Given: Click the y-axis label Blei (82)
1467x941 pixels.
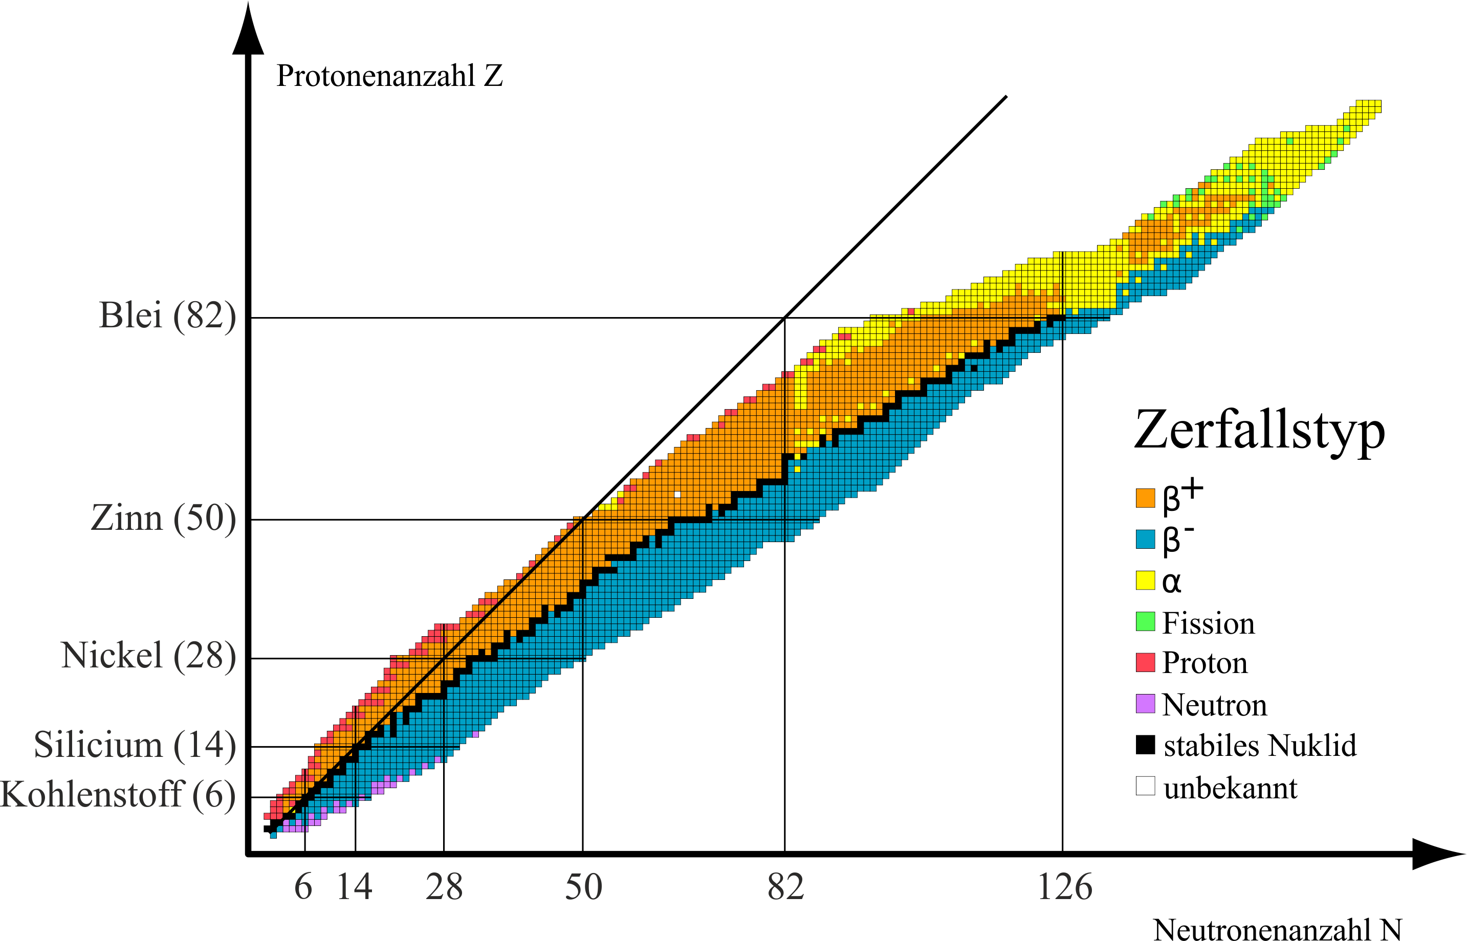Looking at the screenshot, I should click(167, 316).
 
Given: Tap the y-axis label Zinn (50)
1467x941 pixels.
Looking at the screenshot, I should click(163, 518).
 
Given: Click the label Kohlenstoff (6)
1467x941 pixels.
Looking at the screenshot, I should click(117, 794).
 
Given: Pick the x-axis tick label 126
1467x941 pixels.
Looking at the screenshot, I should click(1065, 887).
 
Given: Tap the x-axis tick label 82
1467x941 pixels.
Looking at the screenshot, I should click(785, 887).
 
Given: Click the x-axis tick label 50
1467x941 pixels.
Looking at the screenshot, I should click(583, 887).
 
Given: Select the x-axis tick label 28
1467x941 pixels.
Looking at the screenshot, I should click(444, 887).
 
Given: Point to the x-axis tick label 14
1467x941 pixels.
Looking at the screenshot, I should click(355, 887).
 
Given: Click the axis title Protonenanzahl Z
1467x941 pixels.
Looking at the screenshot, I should click(389, 76).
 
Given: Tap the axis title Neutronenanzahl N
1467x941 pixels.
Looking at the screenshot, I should click(1278, 929).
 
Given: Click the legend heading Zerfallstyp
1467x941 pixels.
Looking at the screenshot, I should click(1259, 430).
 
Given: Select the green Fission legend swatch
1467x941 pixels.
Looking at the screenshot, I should click(1145, 621).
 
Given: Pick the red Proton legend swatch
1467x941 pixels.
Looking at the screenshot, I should click(1145, 662).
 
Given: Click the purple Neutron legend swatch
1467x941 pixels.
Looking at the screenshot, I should click(1145, 703).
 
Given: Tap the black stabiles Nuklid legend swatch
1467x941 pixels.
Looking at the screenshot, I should click(1145, 745).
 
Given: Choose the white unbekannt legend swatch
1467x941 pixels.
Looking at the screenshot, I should click(1145, 786).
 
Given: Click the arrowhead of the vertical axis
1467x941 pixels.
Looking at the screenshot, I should click(248, 31).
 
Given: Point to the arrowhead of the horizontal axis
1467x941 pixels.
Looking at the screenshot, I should click(1436, 854).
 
